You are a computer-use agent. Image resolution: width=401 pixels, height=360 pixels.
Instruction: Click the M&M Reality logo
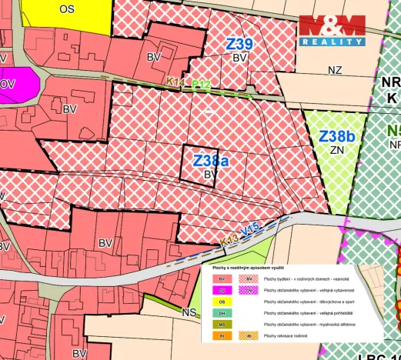(332, 31)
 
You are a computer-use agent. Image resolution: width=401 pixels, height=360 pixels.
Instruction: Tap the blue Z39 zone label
(239, 44)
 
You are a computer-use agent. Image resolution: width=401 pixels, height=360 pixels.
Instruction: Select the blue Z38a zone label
(211, 162)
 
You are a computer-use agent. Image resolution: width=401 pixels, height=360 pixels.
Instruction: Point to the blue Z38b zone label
(338, 136)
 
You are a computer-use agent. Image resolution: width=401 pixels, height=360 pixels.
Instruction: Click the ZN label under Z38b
(336, 151)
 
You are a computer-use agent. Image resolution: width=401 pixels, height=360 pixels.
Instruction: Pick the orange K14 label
(174, 81)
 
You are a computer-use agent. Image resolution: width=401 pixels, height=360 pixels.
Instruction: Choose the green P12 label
(201, 83)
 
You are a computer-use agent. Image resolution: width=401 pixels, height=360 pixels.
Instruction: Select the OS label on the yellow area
(67, 8)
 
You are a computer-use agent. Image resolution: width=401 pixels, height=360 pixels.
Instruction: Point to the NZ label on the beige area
(334, 70)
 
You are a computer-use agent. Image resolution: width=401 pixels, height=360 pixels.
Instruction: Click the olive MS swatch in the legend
(222, 325)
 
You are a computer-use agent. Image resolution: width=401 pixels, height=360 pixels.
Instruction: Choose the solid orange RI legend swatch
(222, 336)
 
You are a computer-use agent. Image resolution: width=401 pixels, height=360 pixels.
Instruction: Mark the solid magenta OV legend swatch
(222, 290)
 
